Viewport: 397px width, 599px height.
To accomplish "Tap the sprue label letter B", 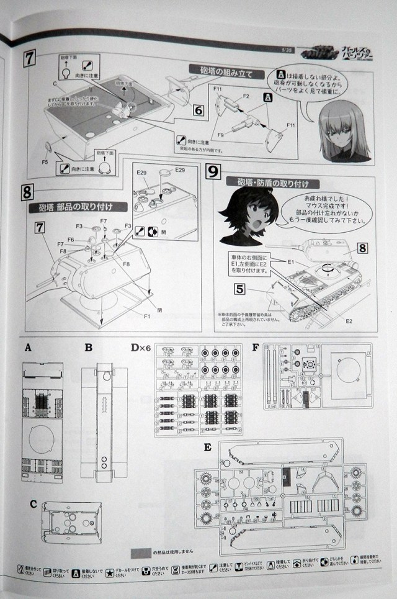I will pos(88,347).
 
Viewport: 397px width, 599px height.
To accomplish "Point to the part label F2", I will pos(246,96).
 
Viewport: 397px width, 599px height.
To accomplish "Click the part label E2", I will pos(349,321).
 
